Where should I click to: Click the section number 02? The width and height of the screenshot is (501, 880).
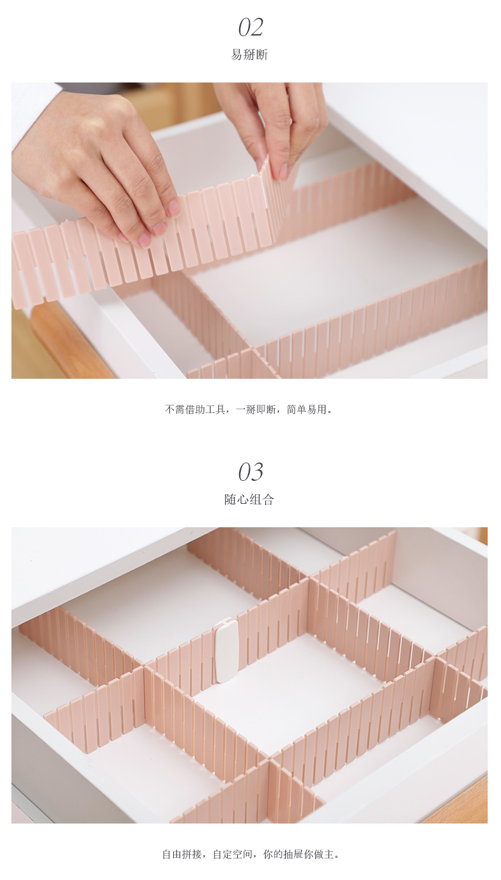point(251,27)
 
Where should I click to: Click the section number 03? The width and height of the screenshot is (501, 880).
point(251,472)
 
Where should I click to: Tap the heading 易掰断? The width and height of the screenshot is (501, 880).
point(249,55)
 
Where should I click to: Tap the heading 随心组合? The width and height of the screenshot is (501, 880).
point(249,499)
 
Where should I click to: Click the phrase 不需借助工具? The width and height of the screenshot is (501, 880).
point(195,410)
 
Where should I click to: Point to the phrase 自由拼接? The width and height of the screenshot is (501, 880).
point(183,855)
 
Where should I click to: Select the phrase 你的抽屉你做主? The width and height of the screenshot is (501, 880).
point(299,855)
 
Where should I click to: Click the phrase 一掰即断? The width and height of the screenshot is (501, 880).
point(256,410)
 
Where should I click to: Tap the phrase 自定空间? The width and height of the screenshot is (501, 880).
point(233,855)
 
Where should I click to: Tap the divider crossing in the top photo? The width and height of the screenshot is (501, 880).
point(252,349)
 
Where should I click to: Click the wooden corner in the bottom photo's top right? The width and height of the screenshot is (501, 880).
point(482,535)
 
